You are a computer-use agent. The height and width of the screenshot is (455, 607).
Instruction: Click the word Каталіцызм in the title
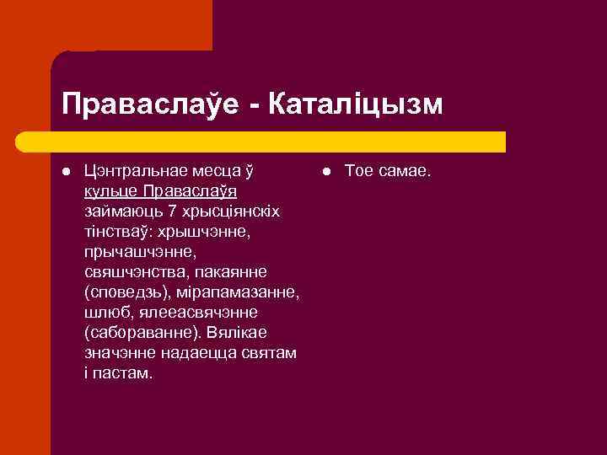point(354,104)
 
